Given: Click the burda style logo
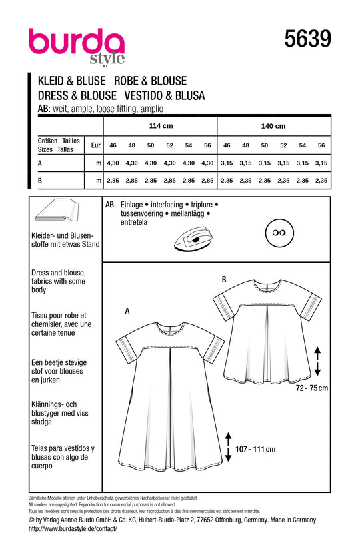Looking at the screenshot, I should [x=76, y=45].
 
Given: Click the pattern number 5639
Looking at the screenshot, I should [x=307, y=39].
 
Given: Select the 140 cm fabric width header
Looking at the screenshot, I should [x=273, y=126].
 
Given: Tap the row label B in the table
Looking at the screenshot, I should [x=41, y=181].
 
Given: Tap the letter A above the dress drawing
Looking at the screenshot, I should [x=126, y=310].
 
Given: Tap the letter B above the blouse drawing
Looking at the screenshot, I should [x=223, y=280].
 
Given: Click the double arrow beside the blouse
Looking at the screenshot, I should [x=317, y=361].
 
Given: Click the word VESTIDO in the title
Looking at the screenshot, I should [x=151, y=95].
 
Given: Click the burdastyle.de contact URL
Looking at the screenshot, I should [x=73, y=528].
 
